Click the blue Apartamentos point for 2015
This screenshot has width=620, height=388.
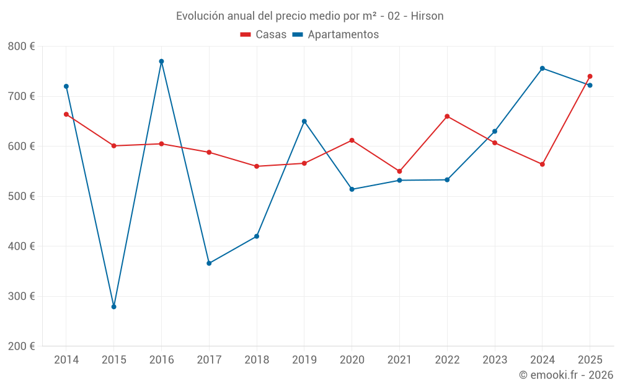click(114, 307)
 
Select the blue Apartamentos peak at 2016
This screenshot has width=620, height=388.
click(161, 61)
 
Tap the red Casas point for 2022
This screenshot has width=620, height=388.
click(447, 116)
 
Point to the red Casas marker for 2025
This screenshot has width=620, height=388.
click(590, 76)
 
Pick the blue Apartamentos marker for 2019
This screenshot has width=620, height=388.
click(304, 121)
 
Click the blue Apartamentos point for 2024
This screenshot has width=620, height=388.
click(542, 68)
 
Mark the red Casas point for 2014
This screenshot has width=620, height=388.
click(66, 114)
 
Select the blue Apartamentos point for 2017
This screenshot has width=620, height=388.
click(209, 263)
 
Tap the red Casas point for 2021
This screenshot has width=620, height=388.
click(399, 171)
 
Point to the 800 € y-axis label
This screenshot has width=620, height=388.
click(21, 47)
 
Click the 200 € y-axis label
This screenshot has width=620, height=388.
click(21, 346)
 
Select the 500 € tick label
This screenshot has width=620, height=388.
click(21, 196)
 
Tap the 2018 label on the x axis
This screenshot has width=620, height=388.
click(257, 360)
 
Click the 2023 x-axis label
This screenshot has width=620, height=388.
click(495, 360)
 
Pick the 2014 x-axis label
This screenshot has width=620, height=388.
click(66, 360)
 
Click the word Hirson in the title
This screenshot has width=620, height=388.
click(428, 16)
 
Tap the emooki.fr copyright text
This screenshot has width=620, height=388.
click(566, 375)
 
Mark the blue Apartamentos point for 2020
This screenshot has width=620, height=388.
click(352, 189)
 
